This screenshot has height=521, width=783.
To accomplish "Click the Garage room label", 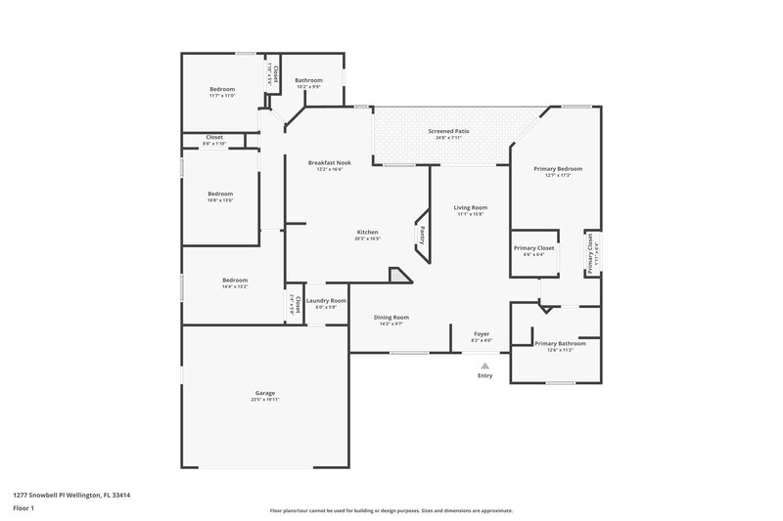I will pyautogui.click(x=264, y=393).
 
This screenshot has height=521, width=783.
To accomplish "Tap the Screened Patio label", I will pyautogui.click(x=447, y=131).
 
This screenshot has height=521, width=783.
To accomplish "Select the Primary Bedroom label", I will pyautogui.click(x=552, y=168).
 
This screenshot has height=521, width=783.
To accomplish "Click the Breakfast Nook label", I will pyautogui.click(x=330, y=162).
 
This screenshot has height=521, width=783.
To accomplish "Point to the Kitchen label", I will pyautogui.click(x=367, y=232).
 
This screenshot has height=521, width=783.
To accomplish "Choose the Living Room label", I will pyautogui.click(x=470, y=207).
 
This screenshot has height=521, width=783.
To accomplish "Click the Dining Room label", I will pyautogui.click(x=391, y=317).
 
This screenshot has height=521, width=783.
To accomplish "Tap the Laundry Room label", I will pyautogui.click(x=326, y=300).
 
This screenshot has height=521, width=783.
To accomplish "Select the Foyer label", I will pyautogui.click(x=482, y=334).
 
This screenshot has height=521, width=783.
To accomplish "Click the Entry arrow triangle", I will pyautogui.click(x=484, y=366).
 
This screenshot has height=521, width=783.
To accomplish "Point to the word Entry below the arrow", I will pyautogui.click(x=485, y=376).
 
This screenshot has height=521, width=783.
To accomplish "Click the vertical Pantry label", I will pyautogui.click(x=422, y=235).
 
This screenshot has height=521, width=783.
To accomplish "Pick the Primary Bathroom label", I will pyautogui.click(x=560, y=343).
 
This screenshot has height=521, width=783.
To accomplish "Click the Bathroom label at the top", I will pyautogui.click(x=309, y=80).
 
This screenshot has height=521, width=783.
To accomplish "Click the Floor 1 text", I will pyautogui.click(x=23, y=509).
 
